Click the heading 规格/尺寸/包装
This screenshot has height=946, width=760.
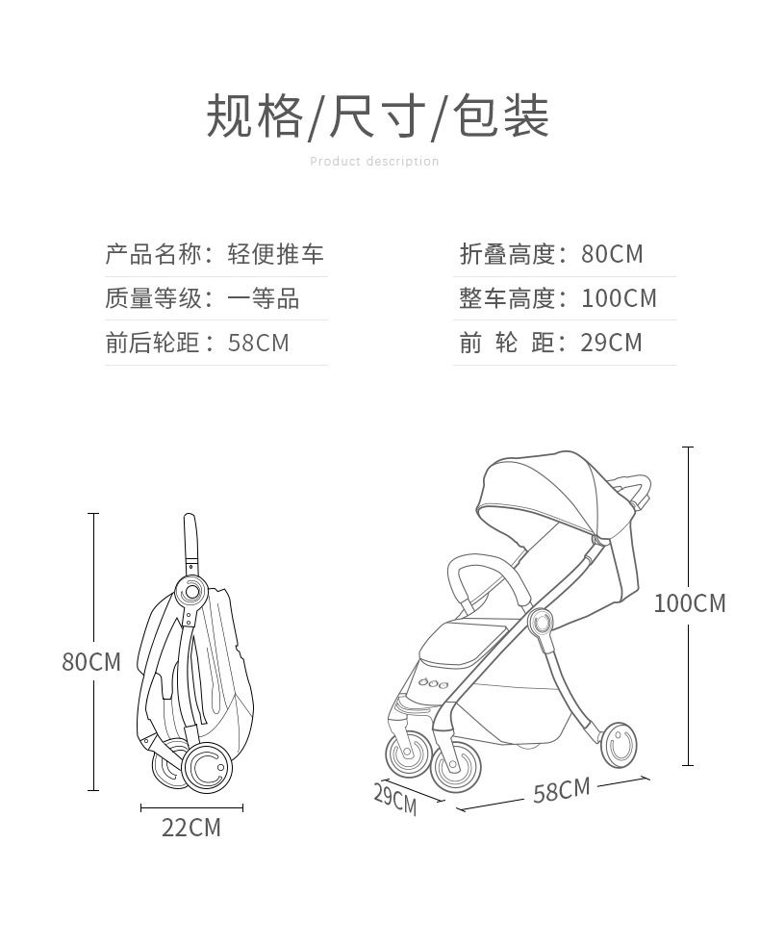tap(378, 116)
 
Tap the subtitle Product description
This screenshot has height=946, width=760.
tap(374, 162)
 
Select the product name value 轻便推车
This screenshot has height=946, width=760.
tap(276, 254)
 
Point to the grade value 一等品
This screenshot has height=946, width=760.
tap(264, 298)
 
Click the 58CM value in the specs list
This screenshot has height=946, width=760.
tap(259, 343)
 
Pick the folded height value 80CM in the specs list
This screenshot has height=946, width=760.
tap(612, 254)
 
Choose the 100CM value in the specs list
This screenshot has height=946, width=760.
tap(619, 298)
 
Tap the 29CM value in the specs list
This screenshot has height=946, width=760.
tap(611, 343)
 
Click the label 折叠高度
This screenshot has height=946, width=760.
tap(507, 254)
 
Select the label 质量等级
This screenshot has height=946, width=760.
tap(154, 298)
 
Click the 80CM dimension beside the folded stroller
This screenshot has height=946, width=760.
tap(91, 662)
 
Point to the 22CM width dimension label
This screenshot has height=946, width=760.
tap(190, 827)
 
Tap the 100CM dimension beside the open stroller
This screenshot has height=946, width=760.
tap(689, 603)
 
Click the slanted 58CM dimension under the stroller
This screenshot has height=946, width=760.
tap(561, 791)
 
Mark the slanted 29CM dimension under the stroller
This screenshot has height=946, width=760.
tap(395, 798)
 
